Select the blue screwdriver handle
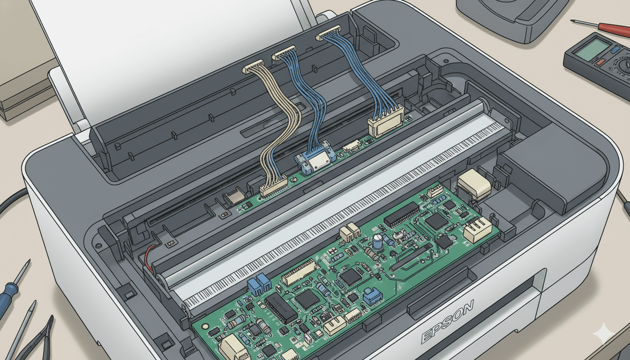click(x=6, y=299)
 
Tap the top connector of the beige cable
click(x=254, y=67)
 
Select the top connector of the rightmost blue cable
click(x=328, y=32)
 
